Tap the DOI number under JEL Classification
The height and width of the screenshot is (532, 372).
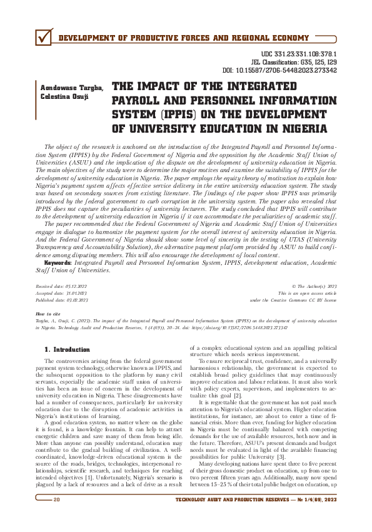(289, 71)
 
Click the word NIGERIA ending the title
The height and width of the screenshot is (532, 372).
(299, 129)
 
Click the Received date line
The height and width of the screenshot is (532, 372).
(62, 285)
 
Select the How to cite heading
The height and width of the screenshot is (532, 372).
(48, 313)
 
